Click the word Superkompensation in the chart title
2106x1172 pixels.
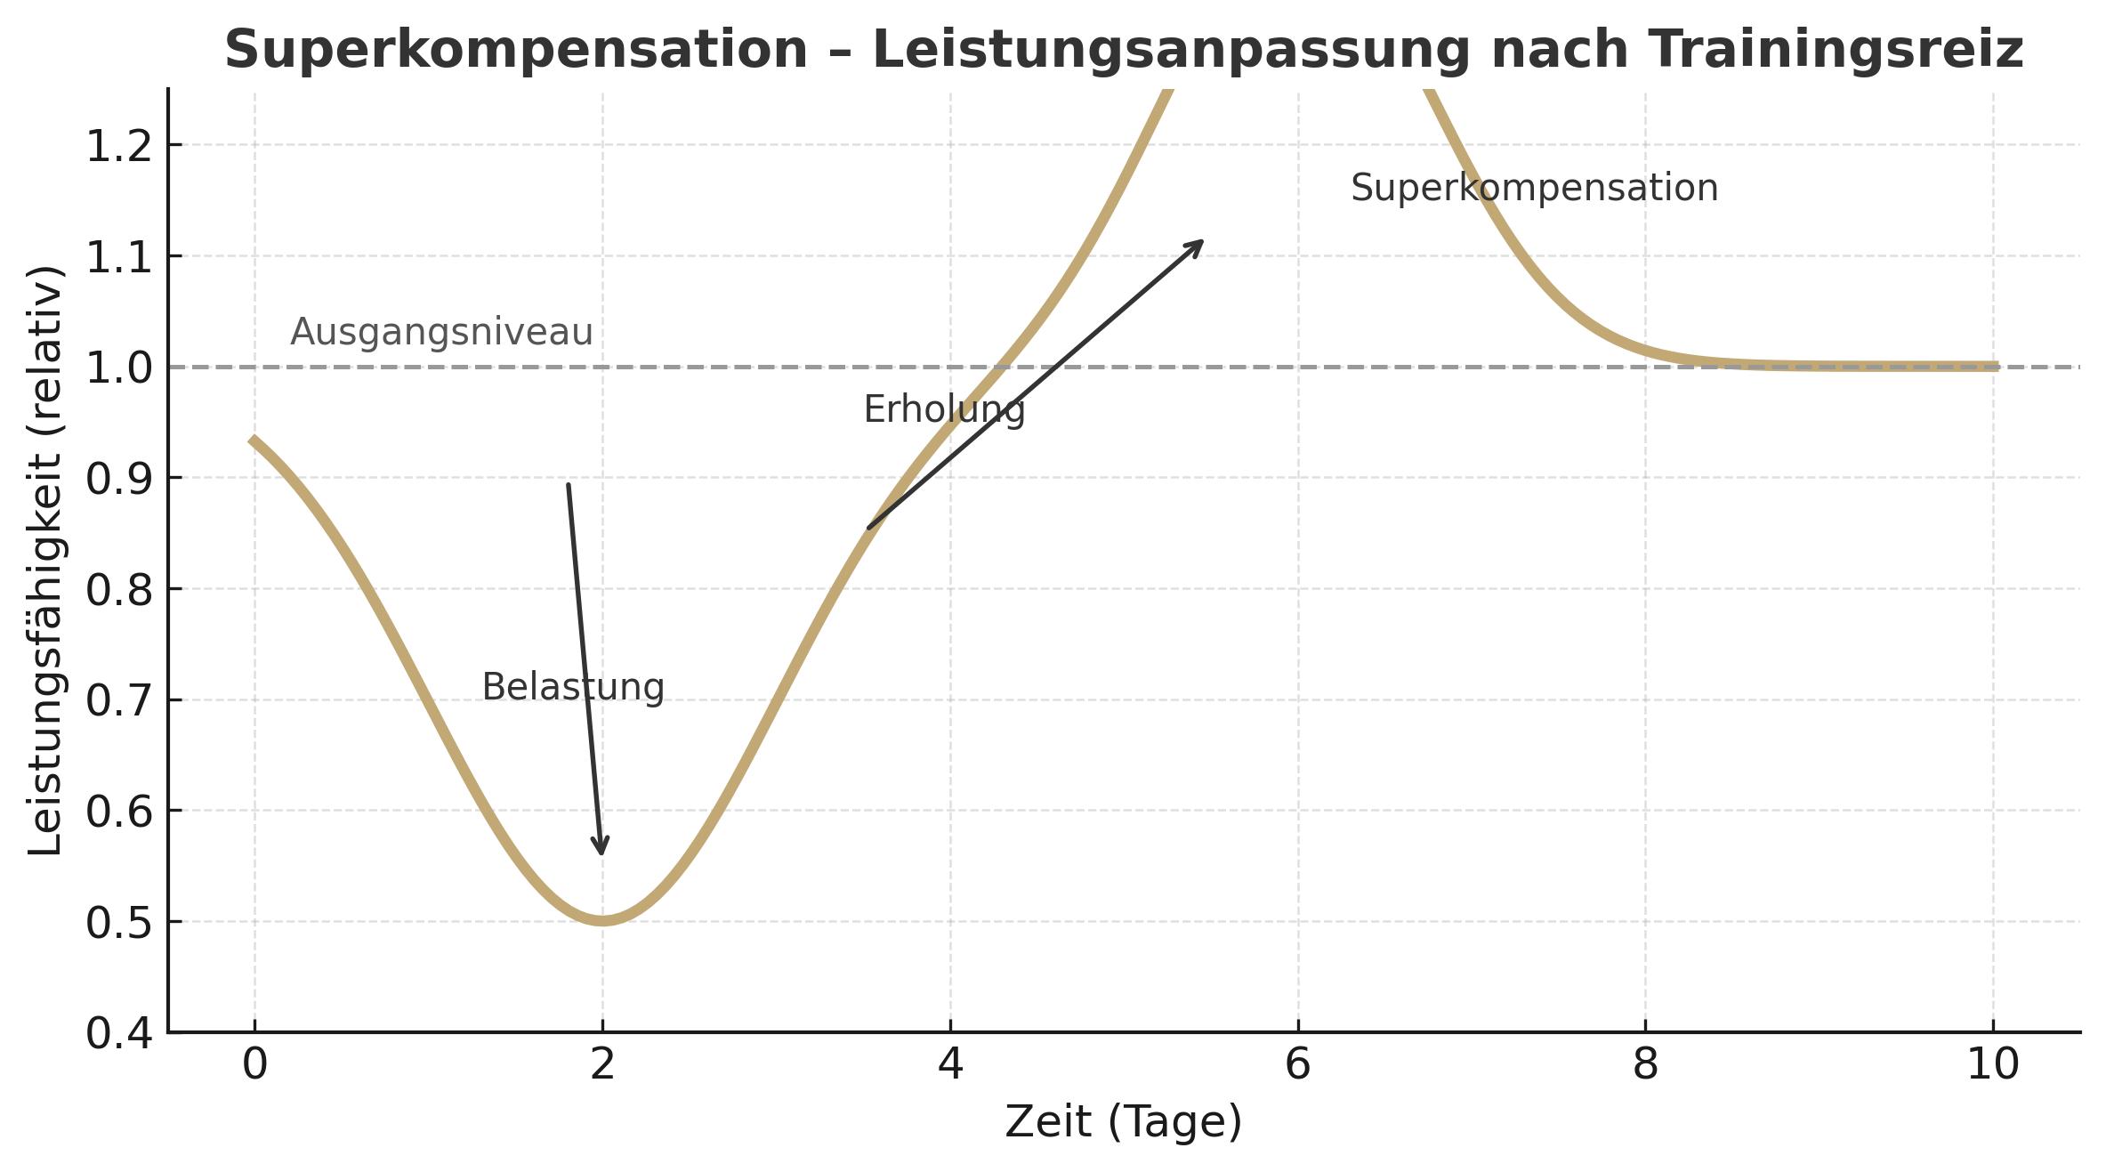pyautogui.click(x=516, y=49)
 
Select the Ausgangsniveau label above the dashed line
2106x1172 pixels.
pyautogui.click(x=441, y=332)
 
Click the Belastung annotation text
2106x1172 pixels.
pyautogui.click(x=572, y=687)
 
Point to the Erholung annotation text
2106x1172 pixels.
pyautogui.click(x=944, y=409)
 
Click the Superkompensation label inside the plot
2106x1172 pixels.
pyautogui.click(x=1534, y=189)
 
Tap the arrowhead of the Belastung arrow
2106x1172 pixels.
pyautogui.click(x=601, y=850)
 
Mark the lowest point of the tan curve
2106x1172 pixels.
pyautogui.click(x=603, y=920)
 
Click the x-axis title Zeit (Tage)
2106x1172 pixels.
pyautogui.click(x=1123, y=1121)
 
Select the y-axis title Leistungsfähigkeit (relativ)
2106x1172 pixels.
pyautogui.click(x=44, y=561)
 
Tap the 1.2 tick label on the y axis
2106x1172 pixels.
pyautogui.click(x=119, y=146)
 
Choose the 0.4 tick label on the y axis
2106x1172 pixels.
pyautogui.click(x=119, y=1034)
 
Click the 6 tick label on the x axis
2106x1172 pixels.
pyautogui.click(x=1297, y=1064)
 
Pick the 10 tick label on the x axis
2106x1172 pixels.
pyautogui.click(x=1993, y=1064)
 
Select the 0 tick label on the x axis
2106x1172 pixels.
pyautogui.click(x=254, y=1064)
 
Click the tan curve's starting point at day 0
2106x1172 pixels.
pyautogui.click(x=253, y=440)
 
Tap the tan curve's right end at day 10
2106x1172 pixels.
pyautogui.click(x=1996, y=366)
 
